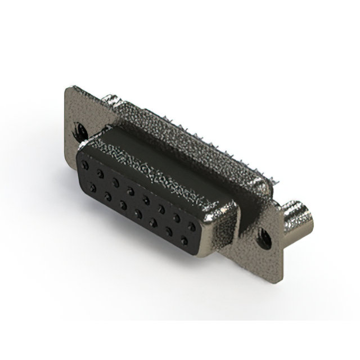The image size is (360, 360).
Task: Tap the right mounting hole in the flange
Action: pos(262,240)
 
